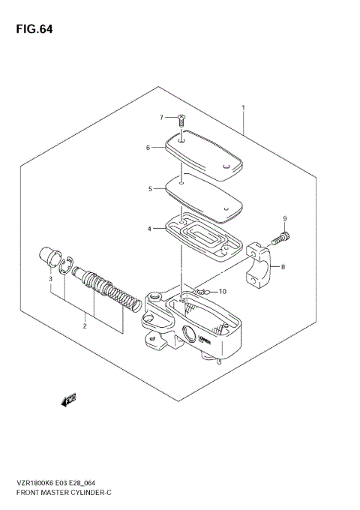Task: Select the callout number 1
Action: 244,109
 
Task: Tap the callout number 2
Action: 85,325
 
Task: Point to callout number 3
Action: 51,279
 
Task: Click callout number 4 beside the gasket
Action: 149,228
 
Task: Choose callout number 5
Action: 149,189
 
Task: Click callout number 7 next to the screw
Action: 161,118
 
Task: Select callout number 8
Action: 283,267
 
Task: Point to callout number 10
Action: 221,291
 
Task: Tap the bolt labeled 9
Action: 283,238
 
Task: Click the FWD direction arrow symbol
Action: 69,401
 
